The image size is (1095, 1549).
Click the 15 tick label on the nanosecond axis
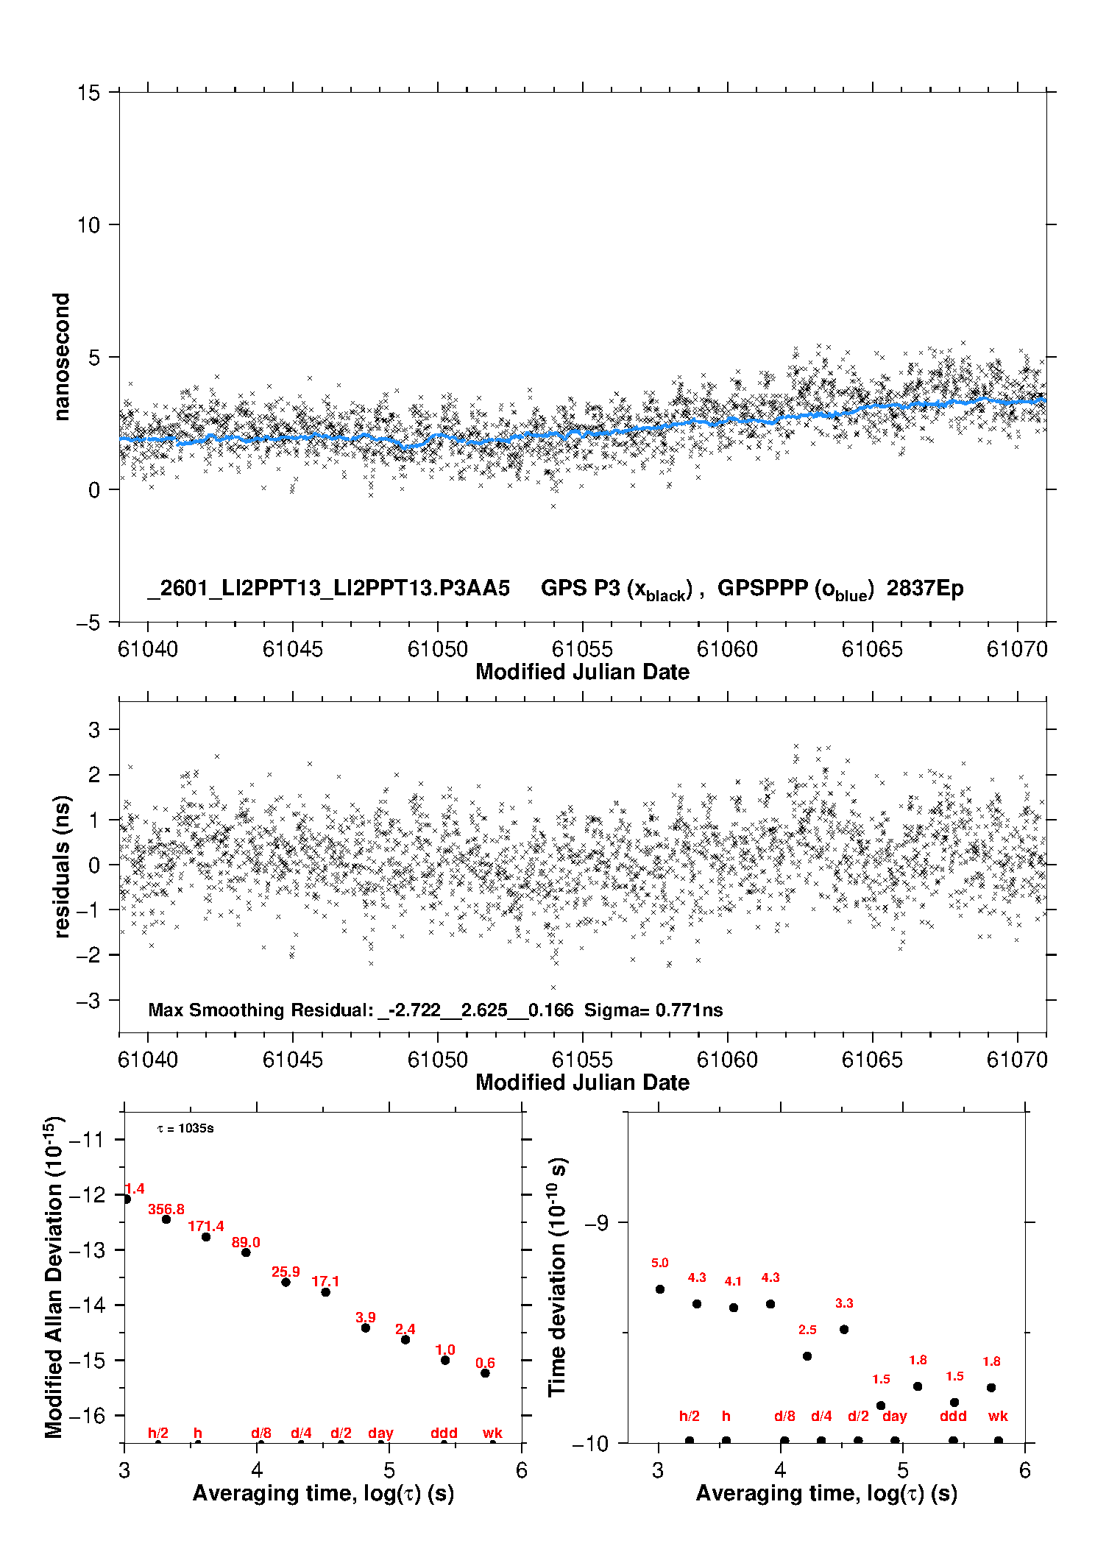(x=88, y=93)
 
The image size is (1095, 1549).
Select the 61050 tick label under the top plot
(x=437, y=649)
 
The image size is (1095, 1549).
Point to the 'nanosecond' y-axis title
(x=62, y=357)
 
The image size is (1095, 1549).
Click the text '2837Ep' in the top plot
(x=924, y=589)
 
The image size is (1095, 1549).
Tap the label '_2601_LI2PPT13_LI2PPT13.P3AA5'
(x=328, y=589)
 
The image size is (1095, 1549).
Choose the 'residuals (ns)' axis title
(x=62, y=866)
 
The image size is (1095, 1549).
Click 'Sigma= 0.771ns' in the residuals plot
(x=653, y=1010)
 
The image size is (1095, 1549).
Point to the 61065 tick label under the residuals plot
(x=871, y=1060)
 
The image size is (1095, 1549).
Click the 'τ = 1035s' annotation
(x=185, y=1128)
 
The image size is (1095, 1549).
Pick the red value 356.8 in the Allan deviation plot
(x=166, y=1209)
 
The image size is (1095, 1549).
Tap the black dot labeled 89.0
(x=246, y=1252)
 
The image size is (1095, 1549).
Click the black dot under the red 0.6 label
(x=485, y=1373)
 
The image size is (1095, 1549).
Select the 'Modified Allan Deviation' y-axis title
(x=54, y=1277)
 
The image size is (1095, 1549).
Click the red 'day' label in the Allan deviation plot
(x=380, y=1433)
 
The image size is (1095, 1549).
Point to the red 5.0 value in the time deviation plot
(x=659, y=1263)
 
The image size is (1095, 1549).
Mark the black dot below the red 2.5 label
(x=807, y=1356)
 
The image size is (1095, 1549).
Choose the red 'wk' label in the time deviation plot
(x=998, y=1416)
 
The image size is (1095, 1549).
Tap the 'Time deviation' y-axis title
(x=557, y=1277)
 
